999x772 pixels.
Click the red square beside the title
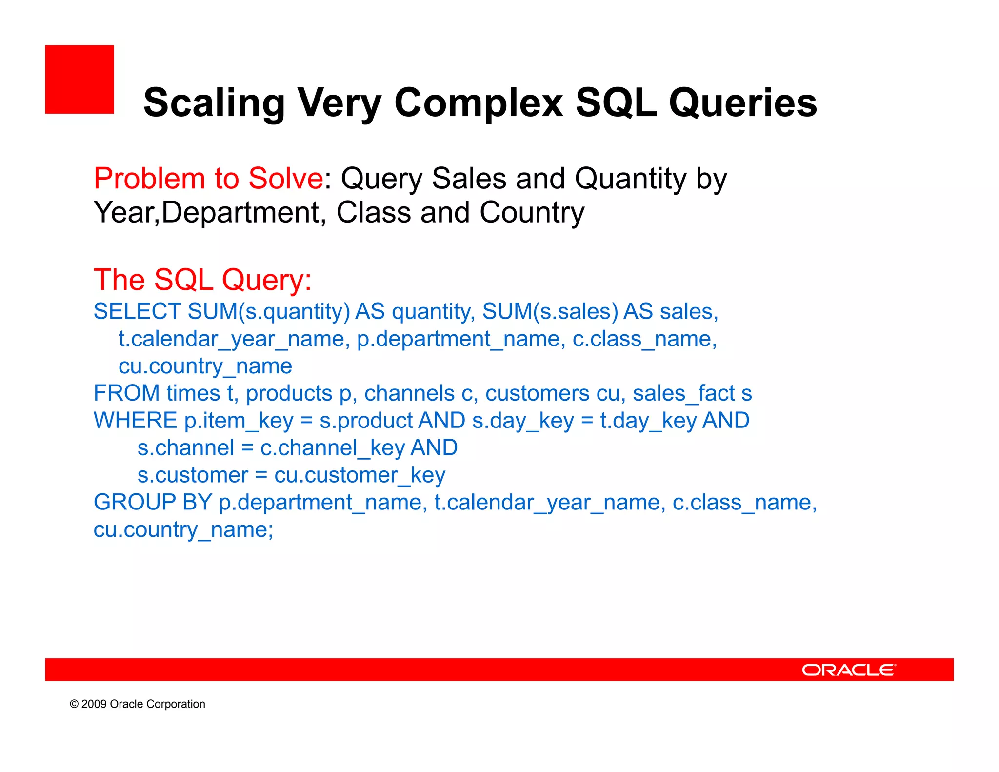pos(80,80)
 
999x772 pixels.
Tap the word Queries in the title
pos(742,103)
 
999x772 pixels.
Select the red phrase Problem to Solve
pos(208,179)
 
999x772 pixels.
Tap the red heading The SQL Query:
pos(202,280)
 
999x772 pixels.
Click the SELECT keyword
pos(137,312)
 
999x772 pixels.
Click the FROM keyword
pos(126,393)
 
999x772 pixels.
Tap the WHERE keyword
pos(135,421)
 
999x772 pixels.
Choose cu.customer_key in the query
pos(360,475)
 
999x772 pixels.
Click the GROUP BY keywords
pos(153,503)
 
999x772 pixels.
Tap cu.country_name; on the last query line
pos(183,530)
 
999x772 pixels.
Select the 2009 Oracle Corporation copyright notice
pos(138,704)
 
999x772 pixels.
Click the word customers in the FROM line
pos(537,393)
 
